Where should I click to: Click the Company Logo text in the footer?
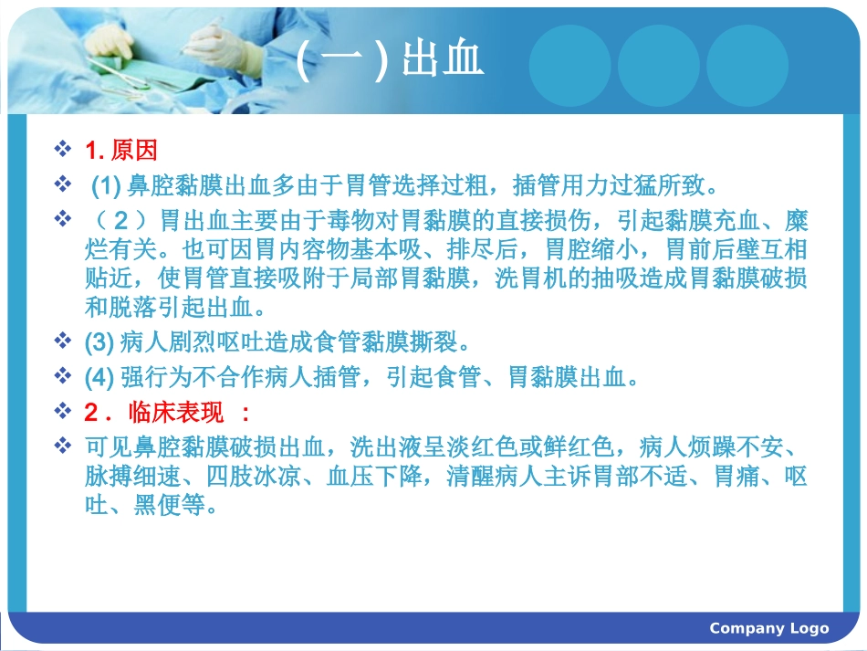[x=768, y=628]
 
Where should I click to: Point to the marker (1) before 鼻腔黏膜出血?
[x=107, y=186]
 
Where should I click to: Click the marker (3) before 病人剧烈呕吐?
[x=99, y=343]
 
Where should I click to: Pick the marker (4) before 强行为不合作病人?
[x=99, y=377]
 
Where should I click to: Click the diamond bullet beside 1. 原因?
[x=63, y=149]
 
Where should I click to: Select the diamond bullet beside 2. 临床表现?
[x=63, y=412]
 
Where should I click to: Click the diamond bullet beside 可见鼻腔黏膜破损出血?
[x=63, y=446]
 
